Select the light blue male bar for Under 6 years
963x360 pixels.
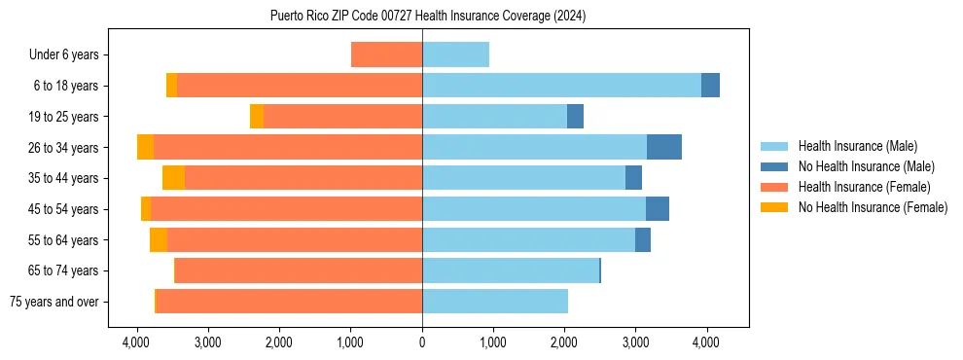[455, 54]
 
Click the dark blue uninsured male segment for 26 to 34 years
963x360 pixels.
[664, 147]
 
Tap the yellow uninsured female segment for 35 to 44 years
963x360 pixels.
[173, 178]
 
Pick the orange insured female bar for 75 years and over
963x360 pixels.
[289, 302]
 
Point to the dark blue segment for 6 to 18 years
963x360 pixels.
[710, 86]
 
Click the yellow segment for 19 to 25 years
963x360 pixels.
[257, 117]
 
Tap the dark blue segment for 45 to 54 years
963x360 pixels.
[658, 209]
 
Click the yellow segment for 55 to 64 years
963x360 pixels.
[159, 240]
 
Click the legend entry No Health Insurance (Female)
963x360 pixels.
[873, 207]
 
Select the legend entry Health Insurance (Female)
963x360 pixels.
[864, 187]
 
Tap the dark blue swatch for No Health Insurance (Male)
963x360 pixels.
[774, 166]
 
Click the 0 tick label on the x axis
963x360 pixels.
[422, 342]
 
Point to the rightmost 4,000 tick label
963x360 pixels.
[706, 342]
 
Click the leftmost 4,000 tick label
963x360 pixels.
[137, 342]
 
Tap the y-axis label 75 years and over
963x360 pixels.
[54, 302]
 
